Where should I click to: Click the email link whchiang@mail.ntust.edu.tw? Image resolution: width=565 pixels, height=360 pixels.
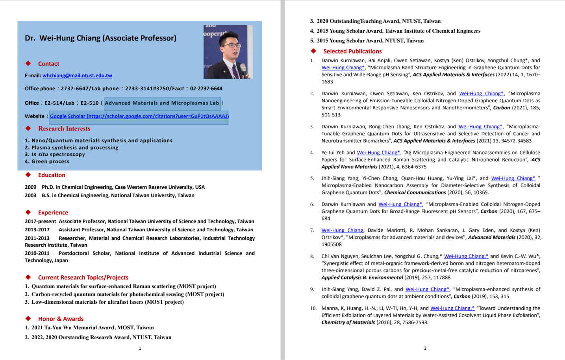[77, 76]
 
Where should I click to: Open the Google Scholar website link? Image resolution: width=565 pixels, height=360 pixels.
[139, 116]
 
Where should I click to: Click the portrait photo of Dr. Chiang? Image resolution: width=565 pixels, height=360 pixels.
[228, 52]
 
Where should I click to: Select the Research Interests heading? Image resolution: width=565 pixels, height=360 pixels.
[64, 129]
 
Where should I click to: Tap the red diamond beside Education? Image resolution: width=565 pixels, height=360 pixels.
[28, 175]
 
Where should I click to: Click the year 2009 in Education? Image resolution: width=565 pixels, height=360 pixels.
[30, 187]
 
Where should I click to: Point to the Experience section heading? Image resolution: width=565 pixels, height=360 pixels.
[53, 212]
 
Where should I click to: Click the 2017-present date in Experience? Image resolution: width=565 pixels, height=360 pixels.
[40, 222]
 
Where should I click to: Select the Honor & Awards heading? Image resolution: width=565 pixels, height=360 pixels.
[61, 319]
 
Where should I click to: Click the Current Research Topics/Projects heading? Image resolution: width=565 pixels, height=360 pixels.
[83, 277]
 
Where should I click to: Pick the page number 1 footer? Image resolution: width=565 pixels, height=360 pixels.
[140, 348]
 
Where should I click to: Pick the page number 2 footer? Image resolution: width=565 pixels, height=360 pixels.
[425, 348]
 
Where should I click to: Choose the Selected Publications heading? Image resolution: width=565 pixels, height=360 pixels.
[352, 51]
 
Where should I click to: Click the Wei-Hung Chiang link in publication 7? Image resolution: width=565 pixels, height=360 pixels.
[342, 231]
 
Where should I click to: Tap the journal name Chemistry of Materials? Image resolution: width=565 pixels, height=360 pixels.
[348, 323]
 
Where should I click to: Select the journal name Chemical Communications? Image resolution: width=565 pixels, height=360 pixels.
[415, 193]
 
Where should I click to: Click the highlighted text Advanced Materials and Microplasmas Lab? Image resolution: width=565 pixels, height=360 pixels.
[162, 103]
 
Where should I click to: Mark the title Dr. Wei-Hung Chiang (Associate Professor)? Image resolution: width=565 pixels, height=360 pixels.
[100, 38]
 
